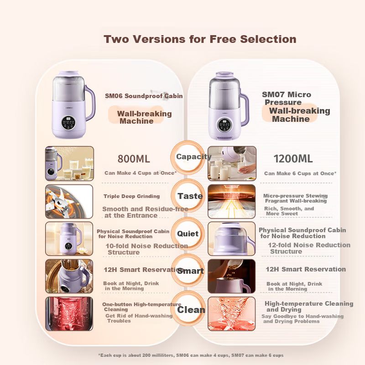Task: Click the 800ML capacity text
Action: (x=134, y=159)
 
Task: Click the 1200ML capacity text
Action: (x=293, y=159)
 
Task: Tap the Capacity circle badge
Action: (x=188, y=157)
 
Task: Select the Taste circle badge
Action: (x=188, y=196)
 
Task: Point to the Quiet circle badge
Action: (x=188, y=234)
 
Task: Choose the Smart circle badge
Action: (x=188, y=270)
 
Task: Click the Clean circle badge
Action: (x=188, y=309)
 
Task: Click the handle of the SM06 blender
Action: (x=90, y=102)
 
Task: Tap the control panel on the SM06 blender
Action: (x=68, y=123)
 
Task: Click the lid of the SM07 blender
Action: (x=224, y=76)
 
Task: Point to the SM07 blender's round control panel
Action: (x=224, y=125)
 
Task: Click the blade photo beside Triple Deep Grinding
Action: (x=69, y=202)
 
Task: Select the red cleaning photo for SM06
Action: (x=69, y=314)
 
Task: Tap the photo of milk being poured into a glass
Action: (x=232, y=163)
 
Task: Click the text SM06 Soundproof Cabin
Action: (x=144, y=96)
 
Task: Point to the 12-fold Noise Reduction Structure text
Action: (x=309, y=248)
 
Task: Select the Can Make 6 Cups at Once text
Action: (x=300, y=173)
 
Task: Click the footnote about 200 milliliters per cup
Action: (x=191, y=355)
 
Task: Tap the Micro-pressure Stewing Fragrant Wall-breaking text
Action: (x=295, y=198)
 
